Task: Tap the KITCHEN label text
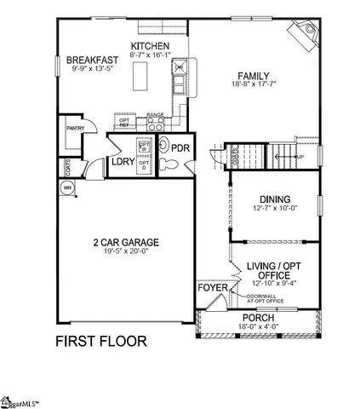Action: (150, 46)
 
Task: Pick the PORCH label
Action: (257, 318)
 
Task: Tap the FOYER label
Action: (213, 288)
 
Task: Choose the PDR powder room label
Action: (180, 147)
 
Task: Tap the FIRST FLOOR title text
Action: (100, 342)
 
